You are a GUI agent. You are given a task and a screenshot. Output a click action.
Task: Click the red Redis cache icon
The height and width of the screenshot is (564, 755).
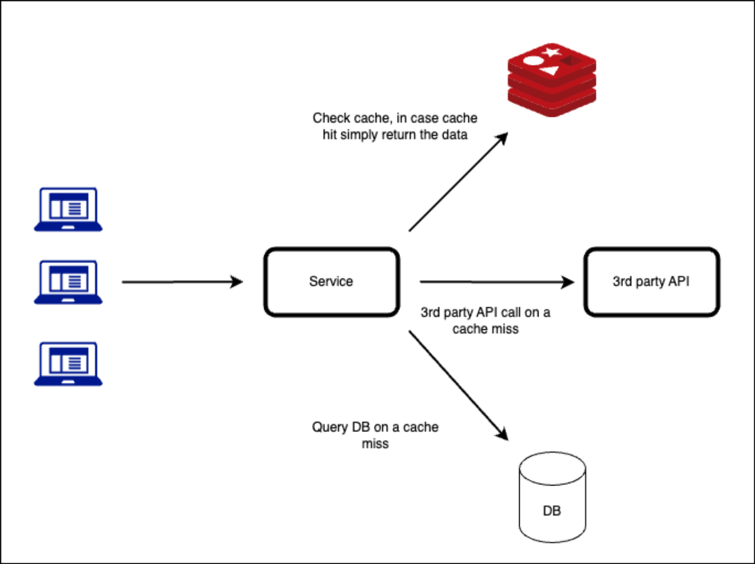coord(552,80)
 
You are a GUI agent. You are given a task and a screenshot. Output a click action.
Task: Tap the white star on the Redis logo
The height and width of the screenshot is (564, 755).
coord(552,53)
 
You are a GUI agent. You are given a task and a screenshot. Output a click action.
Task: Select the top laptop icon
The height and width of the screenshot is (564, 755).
coord(68,209)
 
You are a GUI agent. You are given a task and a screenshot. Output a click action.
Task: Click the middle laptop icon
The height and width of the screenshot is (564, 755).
coord(68,283)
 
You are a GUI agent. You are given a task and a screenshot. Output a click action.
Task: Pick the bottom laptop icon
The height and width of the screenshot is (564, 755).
coord(68,364)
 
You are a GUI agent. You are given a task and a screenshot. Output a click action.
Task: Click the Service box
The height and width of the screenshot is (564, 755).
coord(331,281)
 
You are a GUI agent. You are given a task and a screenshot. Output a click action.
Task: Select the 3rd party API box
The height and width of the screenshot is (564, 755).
coord(651,281)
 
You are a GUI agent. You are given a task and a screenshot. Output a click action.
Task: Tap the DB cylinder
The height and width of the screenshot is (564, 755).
coord(553,497)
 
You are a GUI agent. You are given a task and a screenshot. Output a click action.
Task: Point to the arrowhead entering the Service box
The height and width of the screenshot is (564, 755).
coord(237,282)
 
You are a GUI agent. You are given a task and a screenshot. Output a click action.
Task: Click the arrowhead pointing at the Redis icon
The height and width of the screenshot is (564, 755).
coord(502,138)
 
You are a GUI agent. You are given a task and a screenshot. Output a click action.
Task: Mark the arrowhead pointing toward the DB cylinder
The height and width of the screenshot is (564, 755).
coord(502,434)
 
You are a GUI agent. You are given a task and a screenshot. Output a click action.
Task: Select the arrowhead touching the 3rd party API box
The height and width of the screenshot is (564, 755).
coord(567,283)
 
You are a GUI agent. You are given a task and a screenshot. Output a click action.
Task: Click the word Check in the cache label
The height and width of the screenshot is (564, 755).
coord(331,118)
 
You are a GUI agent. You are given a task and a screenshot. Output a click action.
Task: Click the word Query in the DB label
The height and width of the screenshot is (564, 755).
coord(330,428)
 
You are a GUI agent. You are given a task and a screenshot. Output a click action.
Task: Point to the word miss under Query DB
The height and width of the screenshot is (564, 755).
coord(375,444)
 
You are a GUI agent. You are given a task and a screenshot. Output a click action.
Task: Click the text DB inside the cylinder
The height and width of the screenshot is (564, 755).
coord(552,511)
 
